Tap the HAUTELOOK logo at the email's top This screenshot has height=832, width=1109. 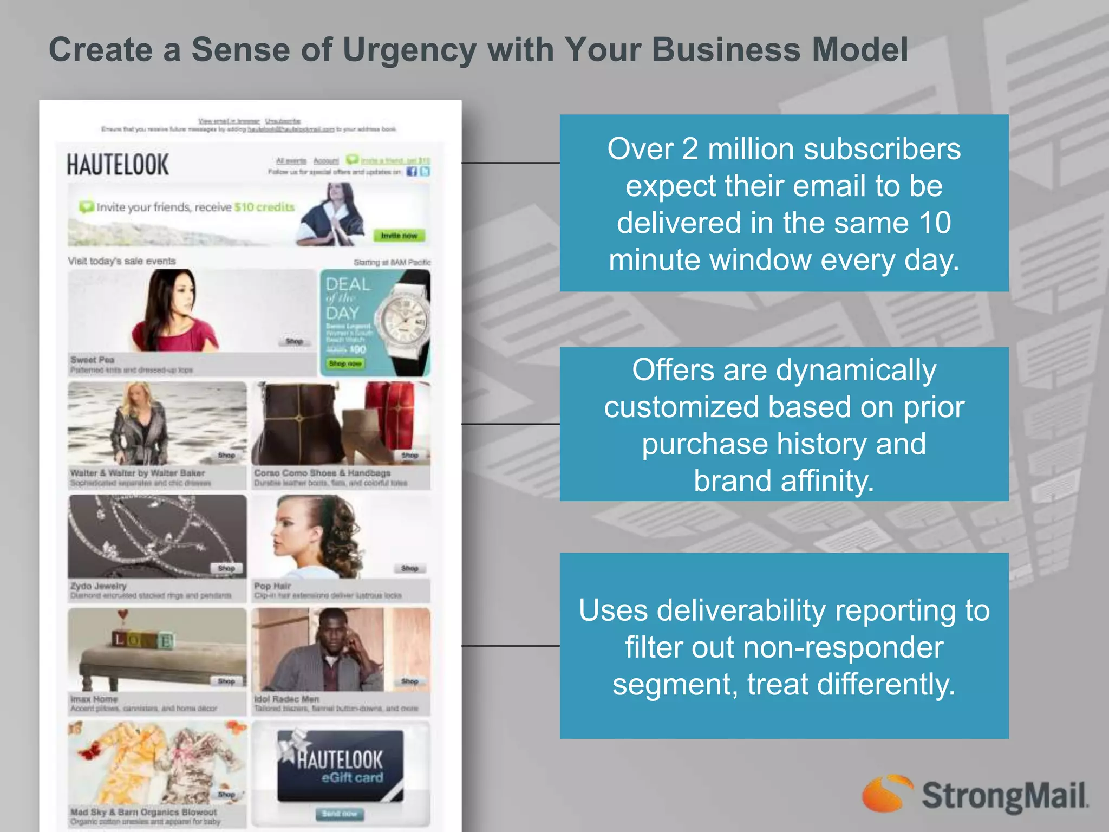pyautogui.click(x=118, y=165)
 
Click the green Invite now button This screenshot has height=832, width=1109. pyautogui.click(x=399, y=236)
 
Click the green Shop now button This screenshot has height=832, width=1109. pyautogui.click(x=345, y=363)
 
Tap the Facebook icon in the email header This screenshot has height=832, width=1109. pyautogui.click(x=412, y=172)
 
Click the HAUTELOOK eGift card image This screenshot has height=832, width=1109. pyautogui.click(x=340, y=765)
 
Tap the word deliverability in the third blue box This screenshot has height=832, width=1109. pyautogui.click(x=741, y=610)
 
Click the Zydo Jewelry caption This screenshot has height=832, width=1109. pyautogui.click(x=99, y=586)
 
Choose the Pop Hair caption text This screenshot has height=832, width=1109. pyautogui.click(x=272, y=586)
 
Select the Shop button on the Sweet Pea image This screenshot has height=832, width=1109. pyautogui.click(x=294, y=341)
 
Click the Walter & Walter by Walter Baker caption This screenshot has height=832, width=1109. pyautogui.click(x=138, y=473)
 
